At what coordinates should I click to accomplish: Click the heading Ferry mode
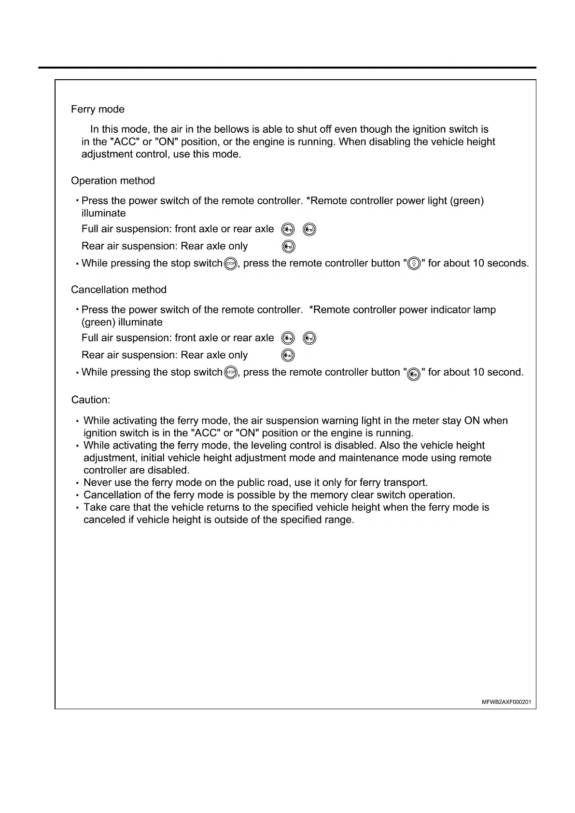(98, 110)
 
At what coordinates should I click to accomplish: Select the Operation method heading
(113, 181)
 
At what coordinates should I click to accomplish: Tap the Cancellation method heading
(119, 290)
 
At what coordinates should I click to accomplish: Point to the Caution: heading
(91, 400)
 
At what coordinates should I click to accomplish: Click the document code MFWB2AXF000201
(506, 702)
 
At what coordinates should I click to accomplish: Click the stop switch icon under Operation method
(231, 264)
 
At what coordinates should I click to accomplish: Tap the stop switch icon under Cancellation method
(231, 373)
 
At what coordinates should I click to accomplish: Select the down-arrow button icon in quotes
(414, 264)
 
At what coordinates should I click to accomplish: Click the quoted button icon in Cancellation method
(414, 374)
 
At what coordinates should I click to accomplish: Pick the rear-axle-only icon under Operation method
(288, 247)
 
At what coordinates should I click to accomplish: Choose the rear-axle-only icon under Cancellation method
(288, 356)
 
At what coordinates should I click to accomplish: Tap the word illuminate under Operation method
(103, 213)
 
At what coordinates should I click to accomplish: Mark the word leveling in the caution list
(269, 446)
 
